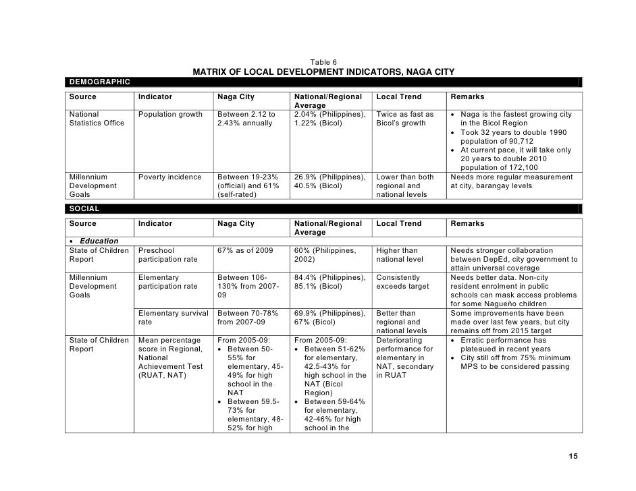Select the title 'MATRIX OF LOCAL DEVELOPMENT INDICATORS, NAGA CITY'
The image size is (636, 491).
coord(323,72)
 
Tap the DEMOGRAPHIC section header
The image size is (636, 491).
coord(98,82)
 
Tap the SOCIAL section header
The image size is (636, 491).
coord(84,209)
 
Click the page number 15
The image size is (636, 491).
coord(573,457)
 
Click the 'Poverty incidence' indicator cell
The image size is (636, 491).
coord(169,177)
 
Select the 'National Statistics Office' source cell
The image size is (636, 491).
coord(97,119)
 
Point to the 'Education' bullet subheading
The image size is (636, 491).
coord(98,241)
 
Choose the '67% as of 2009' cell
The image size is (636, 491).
coord(245,250)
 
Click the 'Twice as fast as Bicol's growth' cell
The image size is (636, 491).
coord(405,119)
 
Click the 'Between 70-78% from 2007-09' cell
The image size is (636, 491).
coord(246,317)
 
